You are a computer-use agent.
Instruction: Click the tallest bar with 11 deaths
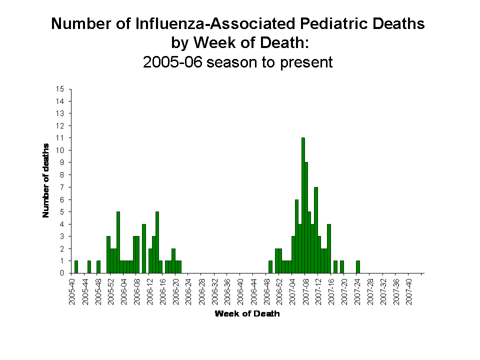tap(303, 205)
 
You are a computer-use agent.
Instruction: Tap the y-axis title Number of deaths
tap(46, 180)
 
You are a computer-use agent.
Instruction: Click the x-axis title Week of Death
tap(247, 314)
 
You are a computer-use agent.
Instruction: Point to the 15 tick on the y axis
tap(60, 89)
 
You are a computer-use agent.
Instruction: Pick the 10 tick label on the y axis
tap(60, 150)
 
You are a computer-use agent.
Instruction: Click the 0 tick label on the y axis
tap(62, 273)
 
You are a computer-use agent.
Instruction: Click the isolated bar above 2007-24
tap(358, 267)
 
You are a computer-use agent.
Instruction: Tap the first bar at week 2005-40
tap(76, 267)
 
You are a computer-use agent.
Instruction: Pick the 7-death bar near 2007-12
tap(316, 230)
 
